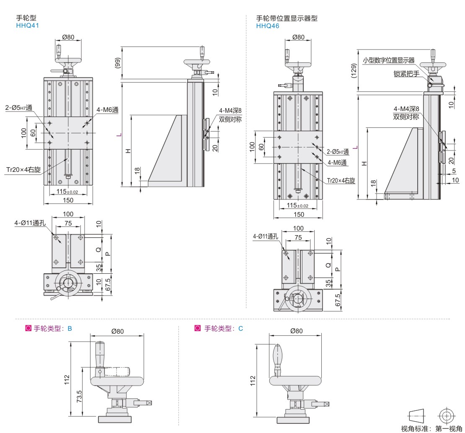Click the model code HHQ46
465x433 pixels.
tap(268, 26)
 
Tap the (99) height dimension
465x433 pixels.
tap(119, 62)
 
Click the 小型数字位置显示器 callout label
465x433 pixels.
tap(388, 60)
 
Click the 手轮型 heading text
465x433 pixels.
tap(26, 18)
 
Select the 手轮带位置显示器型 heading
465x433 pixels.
tap(287, 18)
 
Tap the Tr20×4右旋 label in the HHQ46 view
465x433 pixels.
tap(341, 181)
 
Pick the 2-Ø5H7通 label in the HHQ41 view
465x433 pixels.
tap(19, 108)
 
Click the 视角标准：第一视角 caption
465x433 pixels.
tap(431, 428)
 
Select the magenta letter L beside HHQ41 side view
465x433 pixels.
tap(119, 135)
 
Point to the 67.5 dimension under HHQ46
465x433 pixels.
tap(338, 300)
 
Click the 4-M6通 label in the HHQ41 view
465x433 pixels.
tap(108, 110)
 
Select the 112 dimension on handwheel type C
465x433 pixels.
tap(253, 380)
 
